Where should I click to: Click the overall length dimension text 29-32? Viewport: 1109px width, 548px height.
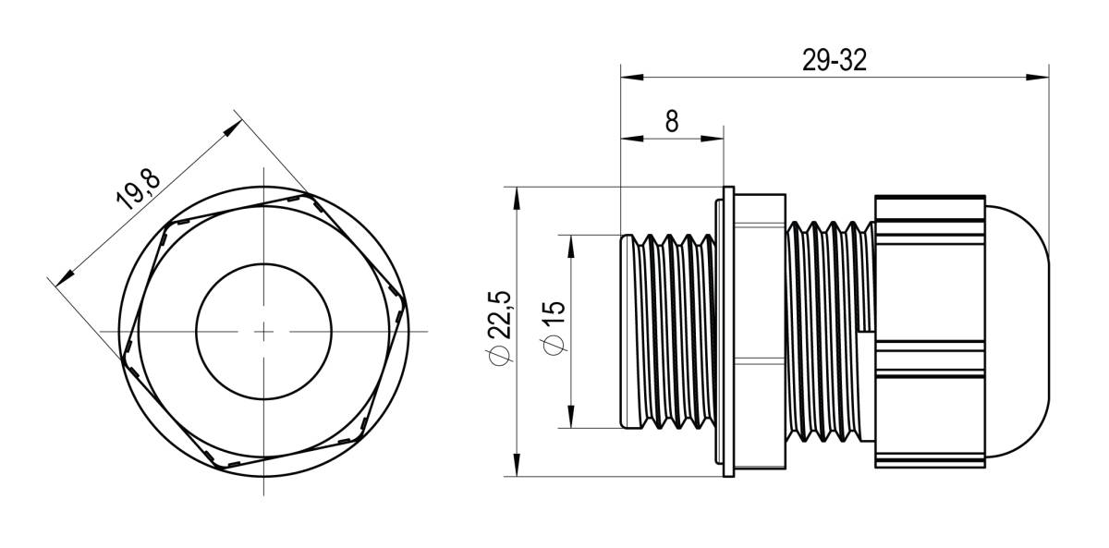click(x=834, y=61)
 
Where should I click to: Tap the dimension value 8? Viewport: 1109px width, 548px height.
click(x=671, y=122)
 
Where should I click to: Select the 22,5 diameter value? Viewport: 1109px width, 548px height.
click(x=500, y=317)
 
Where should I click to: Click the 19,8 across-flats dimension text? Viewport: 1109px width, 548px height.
click(x=139, y=190)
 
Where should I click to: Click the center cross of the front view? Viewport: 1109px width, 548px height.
click(x=263, y=330)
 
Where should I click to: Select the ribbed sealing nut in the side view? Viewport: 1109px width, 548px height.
click(x=929, y=330)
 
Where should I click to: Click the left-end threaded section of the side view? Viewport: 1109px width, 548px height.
click(x=665, y=330)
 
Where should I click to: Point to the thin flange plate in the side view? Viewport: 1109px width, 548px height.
click(x=728, y=330)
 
